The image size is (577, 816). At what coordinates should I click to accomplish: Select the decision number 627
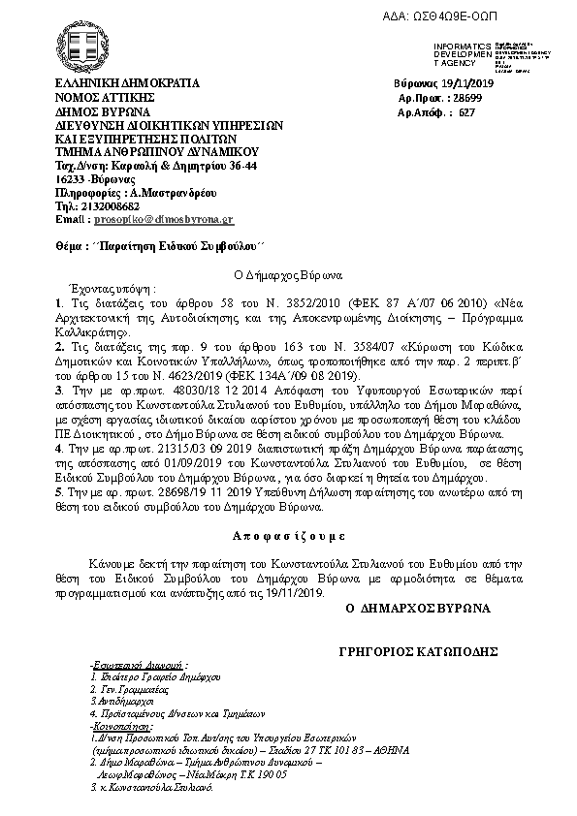467,112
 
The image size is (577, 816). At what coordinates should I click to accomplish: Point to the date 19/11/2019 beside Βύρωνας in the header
465,84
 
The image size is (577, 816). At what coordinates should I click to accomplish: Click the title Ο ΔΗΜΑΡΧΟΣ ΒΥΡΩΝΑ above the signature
418,607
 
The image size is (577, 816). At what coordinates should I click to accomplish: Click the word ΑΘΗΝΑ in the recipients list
386,749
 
